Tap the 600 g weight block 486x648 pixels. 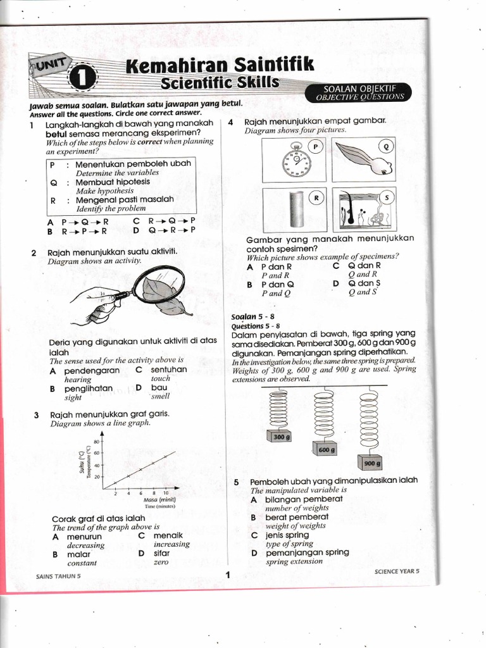324,449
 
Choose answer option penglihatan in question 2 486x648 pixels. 89,389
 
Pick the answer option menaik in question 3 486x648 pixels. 168,535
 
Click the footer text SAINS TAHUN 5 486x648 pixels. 59,576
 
